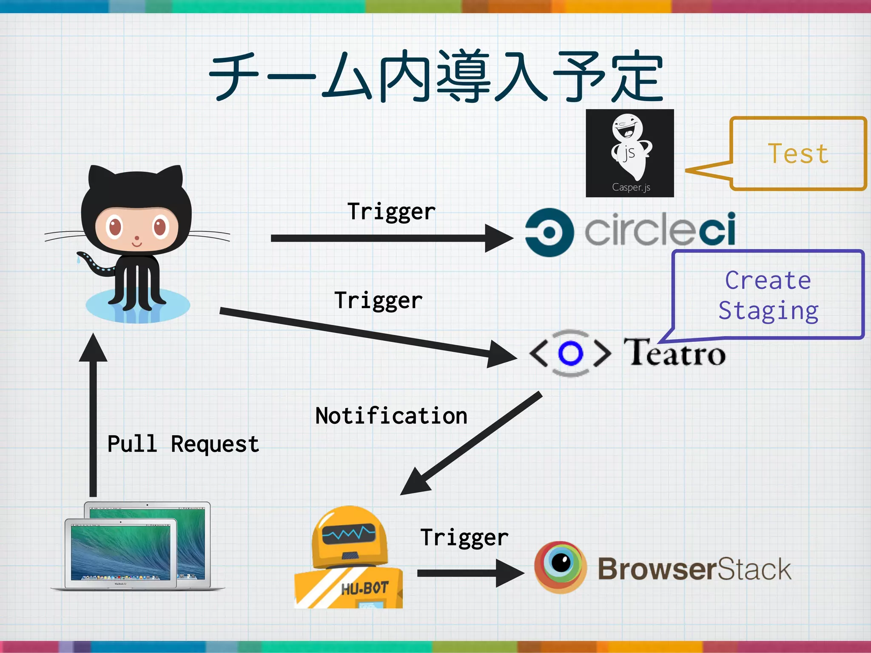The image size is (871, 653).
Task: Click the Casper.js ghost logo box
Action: coord(629,153)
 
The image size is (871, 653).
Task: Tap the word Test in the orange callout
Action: coord(798,154)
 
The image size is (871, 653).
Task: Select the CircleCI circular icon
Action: coord(549,233)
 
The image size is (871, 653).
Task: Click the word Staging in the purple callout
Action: coord(768,311)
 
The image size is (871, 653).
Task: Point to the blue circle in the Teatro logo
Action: coord(570,353)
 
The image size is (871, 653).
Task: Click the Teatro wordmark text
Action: coord(675,353)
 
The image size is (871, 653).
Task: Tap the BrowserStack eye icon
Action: coord(561,567)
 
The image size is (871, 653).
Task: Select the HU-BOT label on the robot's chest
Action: coord(365,588)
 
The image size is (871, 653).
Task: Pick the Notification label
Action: coord(391,416)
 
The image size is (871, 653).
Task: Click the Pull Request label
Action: coord(183,444)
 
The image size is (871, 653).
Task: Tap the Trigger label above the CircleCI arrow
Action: coord(391,212)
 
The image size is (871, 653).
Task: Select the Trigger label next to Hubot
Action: coord(464,537)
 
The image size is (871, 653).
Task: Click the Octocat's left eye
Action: coord(115,227)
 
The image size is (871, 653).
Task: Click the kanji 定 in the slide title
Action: coord(638,77)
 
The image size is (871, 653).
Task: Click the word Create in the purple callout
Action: coord(768,281)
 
